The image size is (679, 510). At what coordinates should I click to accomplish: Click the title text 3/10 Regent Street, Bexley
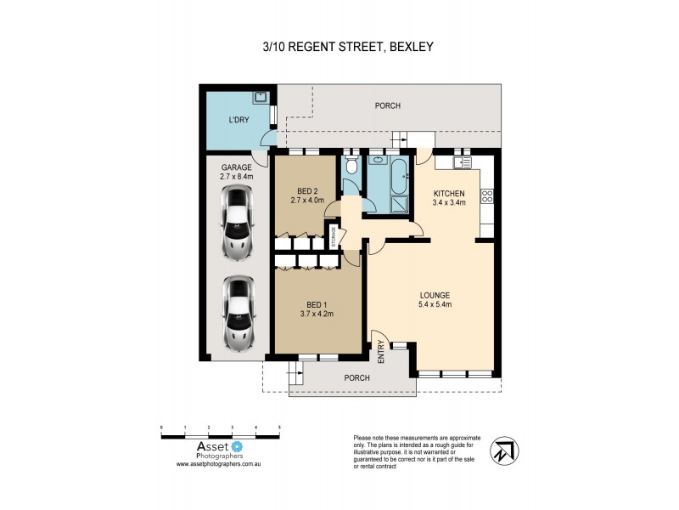pyautogui.click(x=349, y=47)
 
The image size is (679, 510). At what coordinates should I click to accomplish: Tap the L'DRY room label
pyautogui.click(x=238, y=121)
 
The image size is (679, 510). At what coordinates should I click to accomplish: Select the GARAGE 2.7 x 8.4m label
pyautogui.click(x=237, y=173)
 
